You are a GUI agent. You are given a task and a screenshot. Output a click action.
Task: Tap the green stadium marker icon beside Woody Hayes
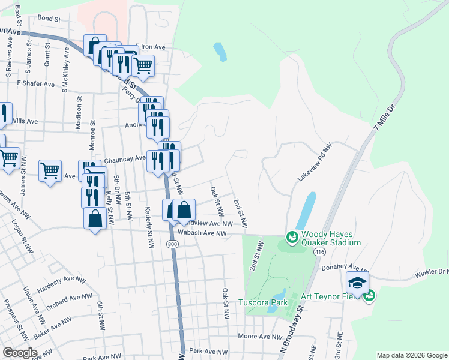point(292,238)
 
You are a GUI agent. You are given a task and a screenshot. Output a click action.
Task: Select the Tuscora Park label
point(263,302)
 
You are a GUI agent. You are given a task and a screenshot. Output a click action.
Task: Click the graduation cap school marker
point(357,283)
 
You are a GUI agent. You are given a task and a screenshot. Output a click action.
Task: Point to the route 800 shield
point(173,244)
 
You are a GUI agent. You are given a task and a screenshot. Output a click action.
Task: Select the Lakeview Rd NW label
point(315,163)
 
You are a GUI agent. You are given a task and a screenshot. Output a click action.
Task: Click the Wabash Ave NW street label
point(200,233)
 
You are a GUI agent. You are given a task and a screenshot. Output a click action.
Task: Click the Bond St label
point(49,19)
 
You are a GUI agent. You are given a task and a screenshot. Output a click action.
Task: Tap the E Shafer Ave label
point(35,83)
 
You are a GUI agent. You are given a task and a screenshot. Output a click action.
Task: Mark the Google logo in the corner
point(20,353)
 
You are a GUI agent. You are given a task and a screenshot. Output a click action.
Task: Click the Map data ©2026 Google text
point(411,355)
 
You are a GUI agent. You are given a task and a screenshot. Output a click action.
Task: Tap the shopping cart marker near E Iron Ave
point(143,65)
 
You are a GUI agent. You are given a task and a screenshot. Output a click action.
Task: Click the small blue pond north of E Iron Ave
point(220,52)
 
